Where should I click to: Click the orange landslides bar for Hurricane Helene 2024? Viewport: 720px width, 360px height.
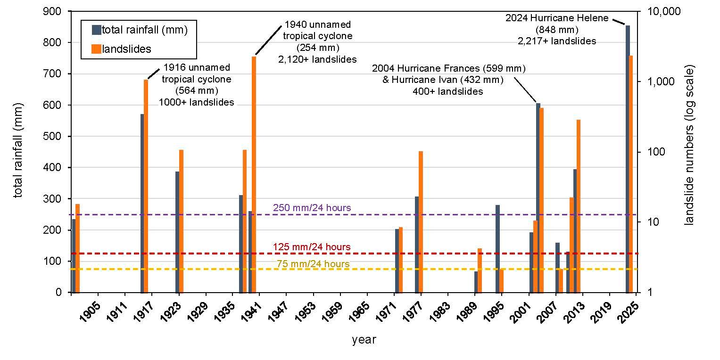630,174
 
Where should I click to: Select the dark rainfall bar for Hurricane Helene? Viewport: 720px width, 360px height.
628,159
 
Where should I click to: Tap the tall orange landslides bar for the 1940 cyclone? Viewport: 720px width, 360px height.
254,175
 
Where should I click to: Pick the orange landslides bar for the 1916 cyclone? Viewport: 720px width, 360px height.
146,186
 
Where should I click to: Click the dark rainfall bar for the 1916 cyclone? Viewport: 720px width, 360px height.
142,203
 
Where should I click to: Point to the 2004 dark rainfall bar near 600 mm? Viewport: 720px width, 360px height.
538,198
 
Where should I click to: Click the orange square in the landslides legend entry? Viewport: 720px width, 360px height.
97,49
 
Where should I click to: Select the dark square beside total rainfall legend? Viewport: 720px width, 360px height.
97,30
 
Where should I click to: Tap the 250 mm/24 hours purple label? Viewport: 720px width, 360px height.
312,208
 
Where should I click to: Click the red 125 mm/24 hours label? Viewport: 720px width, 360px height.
312,247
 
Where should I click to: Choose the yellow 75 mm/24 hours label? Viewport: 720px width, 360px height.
313,264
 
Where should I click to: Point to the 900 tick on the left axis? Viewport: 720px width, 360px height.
52,11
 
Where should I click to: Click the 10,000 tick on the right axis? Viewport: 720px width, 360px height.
664,11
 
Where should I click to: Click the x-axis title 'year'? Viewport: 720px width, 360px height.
364,340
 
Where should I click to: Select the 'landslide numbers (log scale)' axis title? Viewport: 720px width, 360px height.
689,145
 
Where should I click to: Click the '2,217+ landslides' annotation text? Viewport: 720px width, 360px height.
557,41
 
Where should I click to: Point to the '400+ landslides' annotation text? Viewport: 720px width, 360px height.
448,91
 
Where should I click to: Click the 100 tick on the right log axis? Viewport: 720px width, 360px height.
656,152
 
